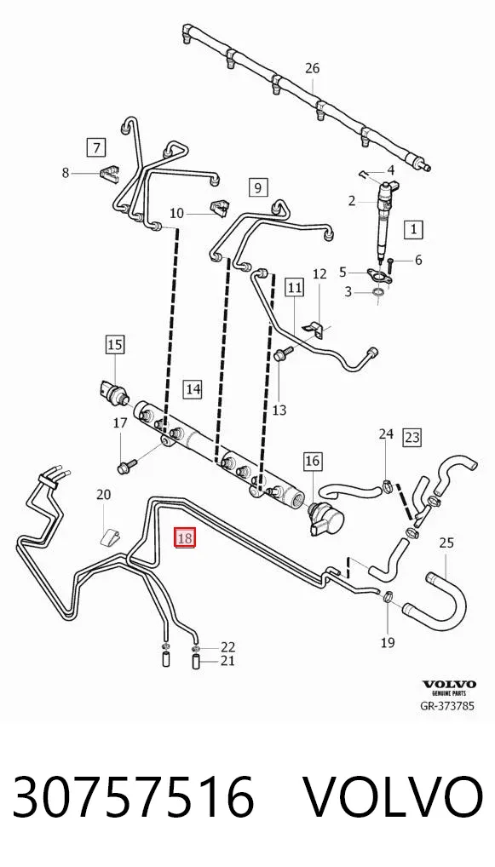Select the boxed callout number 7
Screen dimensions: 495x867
(x=97, y=147)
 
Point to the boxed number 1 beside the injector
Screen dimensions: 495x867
(x=414, y=229)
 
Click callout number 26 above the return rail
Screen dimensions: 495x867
(x=313, y=69)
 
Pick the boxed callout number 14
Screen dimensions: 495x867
(x=193, y=388)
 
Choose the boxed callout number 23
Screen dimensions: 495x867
(x=412, y=438)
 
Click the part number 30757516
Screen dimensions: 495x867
(x=133, y=797)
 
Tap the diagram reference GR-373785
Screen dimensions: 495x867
(x=447, y=706)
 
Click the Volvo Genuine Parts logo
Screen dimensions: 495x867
(x=449, y=687)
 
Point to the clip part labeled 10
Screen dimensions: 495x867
(x=219, y=208)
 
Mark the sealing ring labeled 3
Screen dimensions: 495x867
(x=377, y=292)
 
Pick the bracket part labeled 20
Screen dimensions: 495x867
(x=112, y=537)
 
